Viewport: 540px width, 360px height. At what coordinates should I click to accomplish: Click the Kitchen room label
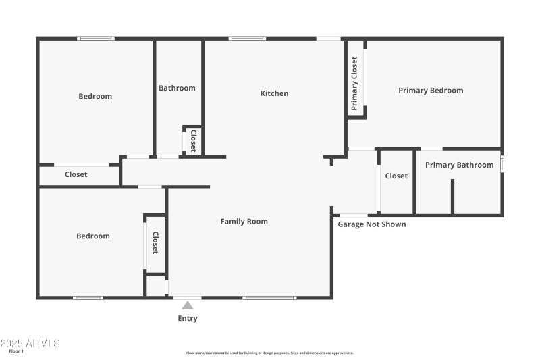tap(274, 93)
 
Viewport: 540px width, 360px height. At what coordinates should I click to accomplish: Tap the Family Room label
tap(244, 221)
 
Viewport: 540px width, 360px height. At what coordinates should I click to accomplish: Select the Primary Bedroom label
tap(431, 91)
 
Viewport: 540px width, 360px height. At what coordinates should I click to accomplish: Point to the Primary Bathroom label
tap(459, 165)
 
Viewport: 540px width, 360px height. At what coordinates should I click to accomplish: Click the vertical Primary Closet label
tap(354, 83)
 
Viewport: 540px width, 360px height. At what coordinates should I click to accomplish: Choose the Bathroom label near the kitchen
tap(177, 88)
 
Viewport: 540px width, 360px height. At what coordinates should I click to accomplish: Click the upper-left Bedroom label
tap(95, 96)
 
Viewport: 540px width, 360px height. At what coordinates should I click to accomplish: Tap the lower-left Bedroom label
tap(92, 236)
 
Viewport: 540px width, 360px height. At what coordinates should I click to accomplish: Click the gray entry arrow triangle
tap(188, 305)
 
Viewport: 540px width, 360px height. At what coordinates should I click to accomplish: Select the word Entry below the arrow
tap(188, 318)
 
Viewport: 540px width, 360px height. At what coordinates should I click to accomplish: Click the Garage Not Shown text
tap(372, 224)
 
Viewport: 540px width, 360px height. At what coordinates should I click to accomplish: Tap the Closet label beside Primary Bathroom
tap(396, 176)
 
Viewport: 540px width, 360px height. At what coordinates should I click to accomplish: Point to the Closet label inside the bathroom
tap(193, 140)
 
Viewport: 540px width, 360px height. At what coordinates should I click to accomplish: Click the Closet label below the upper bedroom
tap(76, 174)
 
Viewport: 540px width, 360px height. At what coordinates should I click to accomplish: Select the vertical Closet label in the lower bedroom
tap(155, 242)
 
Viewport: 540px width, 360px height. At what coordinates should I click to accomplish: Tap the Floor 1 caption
tap(16, 351)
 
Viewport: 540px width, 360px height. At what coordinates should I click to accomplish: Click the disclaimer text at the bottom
tap(269, 353)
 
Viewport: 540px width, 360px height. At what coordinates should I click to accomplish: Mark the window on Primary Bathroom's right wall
tap(502, 164)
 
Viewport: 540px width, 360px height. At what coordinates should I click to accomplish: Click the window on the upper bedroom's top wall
tap(95, 38)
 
